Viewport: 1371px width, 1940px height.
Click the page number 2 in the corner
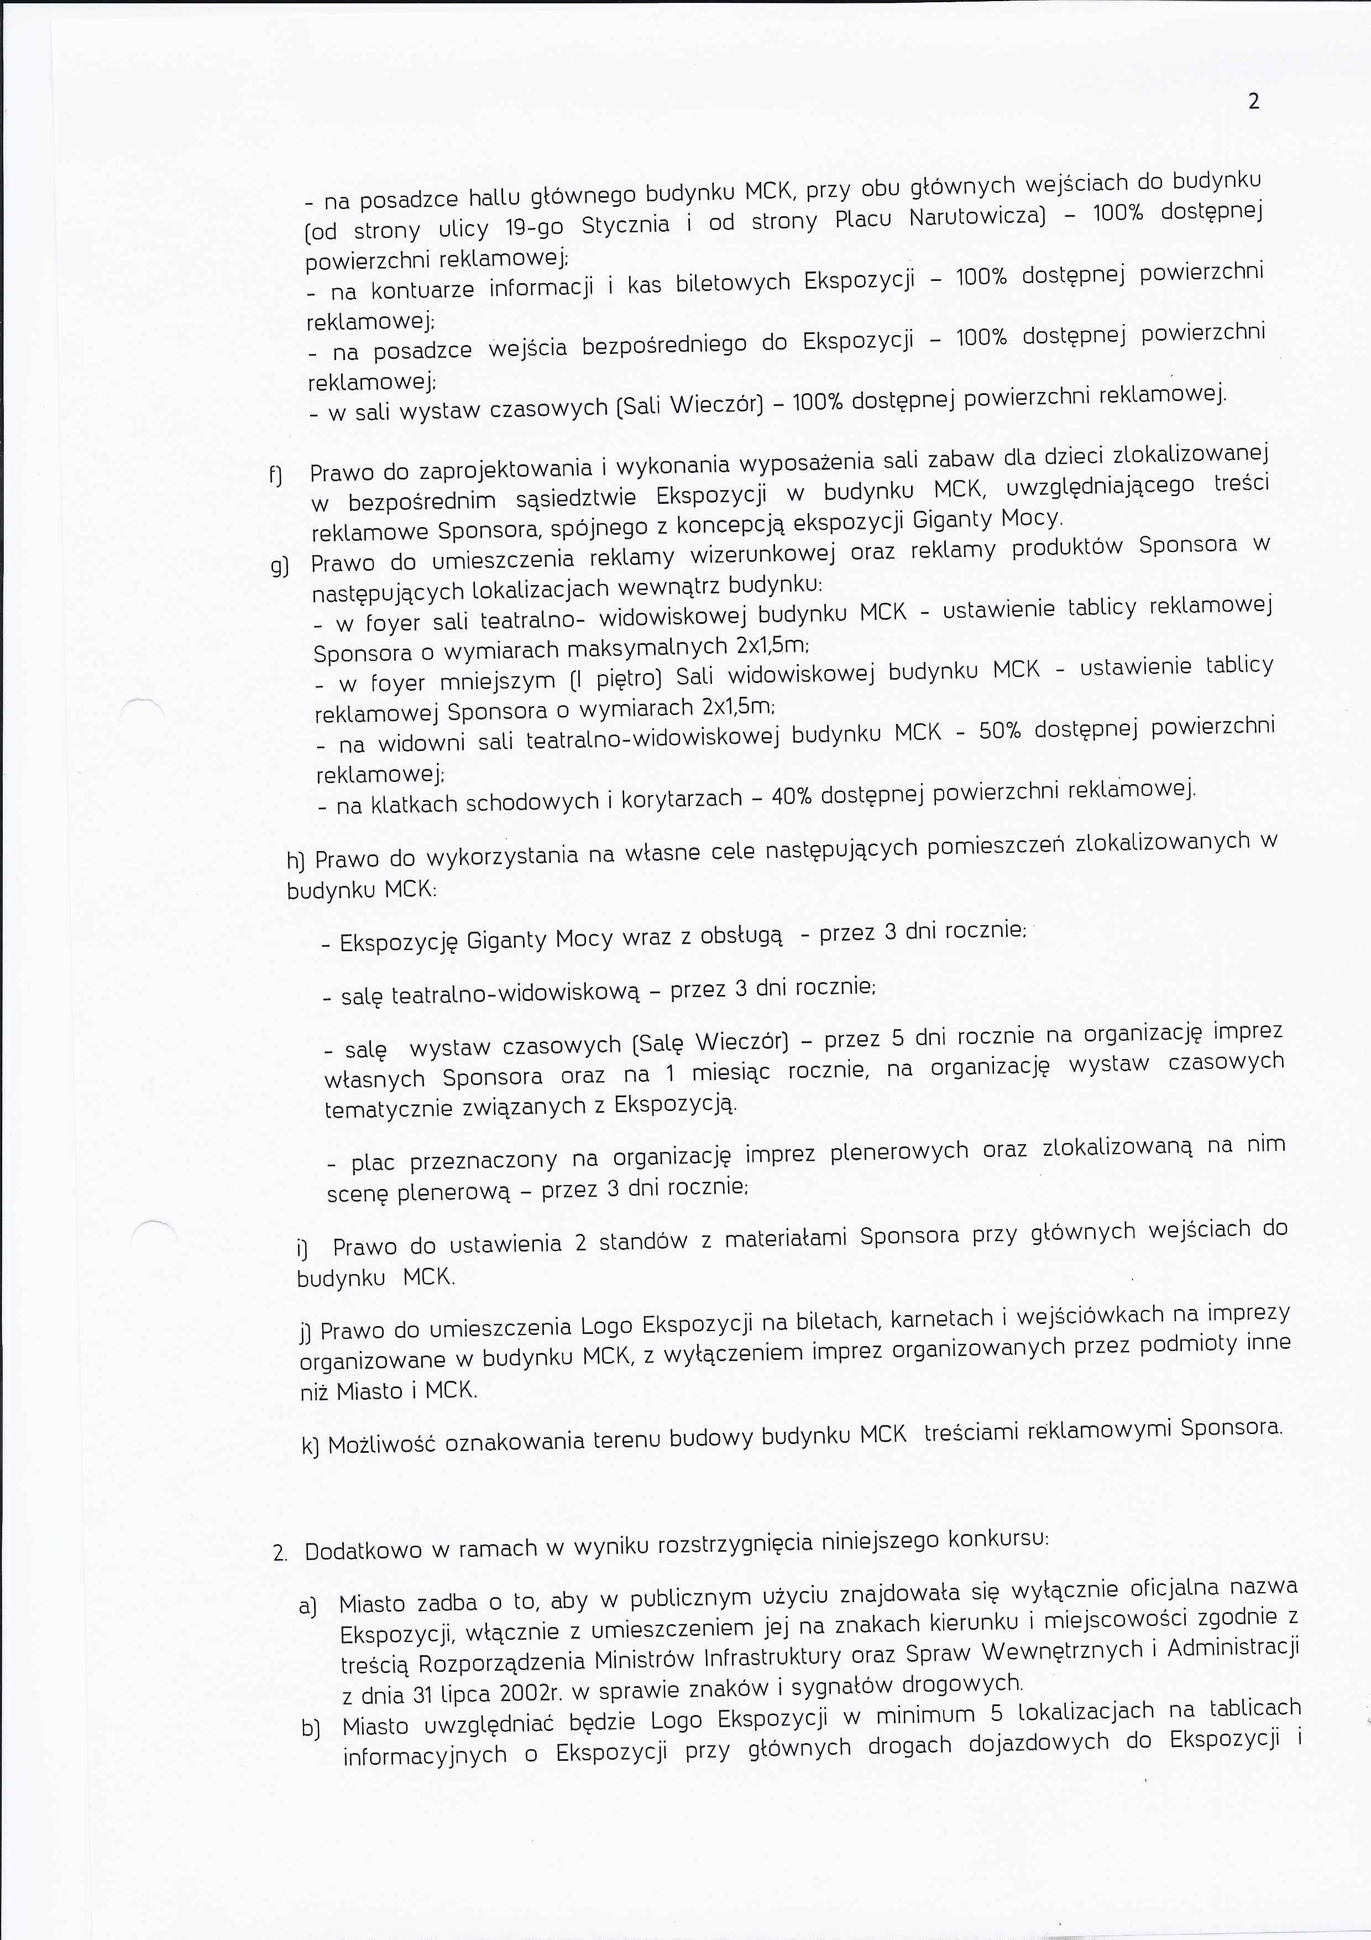click(1254, 101)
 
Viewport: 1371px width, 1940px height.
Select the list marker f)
click(275, 476)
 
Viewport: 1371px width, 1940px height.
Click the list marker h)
click(296, 861)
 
